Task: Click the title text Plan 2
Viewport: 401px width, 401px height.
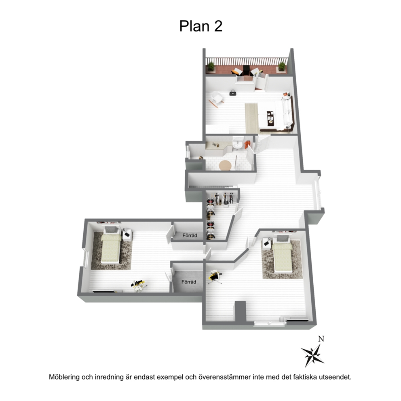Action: (x=201, y=26)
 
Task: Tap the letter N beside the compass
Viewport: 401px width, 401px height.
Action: (x=321, y=339)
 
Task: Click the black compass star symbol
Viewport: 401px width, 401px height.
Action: (x=312, y=355)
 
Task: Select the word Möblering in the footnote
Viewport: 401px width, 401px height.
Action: (x=64, y=377)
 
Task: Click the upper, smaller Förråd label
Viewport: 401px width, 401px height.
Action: (x=190, y=235)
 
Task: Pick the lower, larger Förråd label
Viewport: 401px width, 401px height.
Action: (x=189, y=282)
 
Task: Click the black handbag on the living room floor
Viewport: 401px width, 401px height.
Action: (x=232, y=93)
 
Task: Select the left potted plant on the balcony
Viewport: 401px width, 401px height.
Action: (x=211, y=67)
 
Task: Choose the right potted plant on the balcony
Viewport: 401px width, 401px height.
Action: (x=282, y=66)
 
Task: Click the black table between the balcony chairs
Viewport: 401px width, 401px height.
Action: (x=246, y=70)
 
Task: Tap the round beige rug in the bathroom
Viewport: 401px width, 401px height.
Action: (x=225, y=165)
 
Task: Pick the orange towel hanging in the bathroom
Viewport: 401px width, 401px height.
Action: (x=247, y=144)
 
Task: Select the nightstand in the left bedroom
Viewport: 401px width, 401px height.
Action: (x=127, y=235)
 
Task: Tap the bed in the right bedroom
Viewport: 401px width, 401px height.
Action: (x=282, y=254)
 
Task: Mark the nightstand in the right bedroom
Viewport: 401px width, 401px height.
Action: (x=267, y=243)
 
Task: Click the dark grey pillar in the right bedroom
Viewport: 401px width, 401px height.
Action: (x=241, y=311)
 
